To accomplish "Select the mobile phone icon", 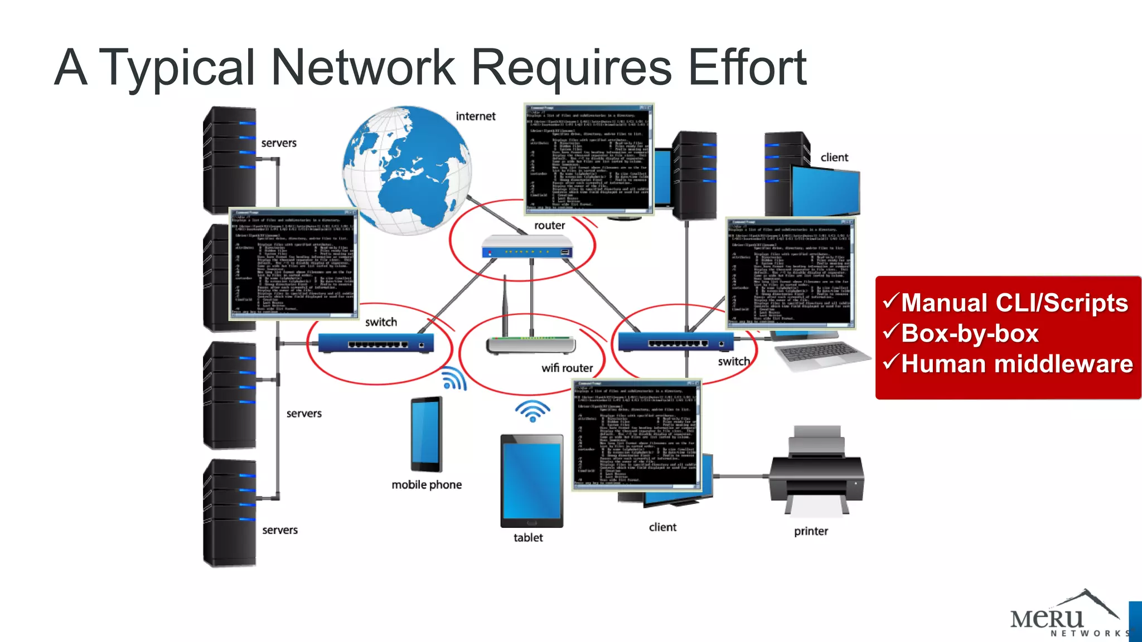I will coord(427,434).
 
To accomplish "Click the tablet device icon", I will coord(531,481).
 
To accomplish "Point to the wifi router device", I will coord(530,343).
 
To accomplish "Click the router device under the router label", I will coord(527,247).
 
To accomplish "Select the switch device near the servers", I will coord(375,342).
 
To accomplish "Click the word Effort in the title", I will coord(747,67).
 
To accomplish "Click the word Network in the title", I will coord(363,67).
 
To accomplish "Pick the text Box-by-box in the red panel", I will coord(969,333).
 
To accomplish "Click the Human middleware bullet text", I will coord(1017,364).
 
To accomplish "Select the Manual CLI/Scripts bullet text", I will coord(1014,303).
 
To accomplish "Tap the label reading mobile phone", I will coord(427,485).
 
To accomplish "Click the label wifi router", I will coord(567,368).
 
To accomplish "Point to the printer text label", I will coord(811,531).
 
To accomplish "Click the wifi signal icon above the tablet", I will coord(532,411).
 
